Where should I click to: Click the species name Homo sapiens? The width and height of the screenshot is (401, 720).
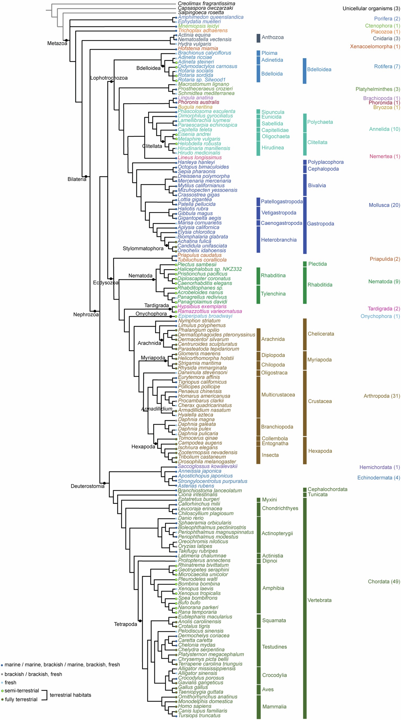[195, 706]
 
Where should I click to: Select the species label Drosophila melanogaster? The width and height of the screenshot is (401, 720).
[207, 462]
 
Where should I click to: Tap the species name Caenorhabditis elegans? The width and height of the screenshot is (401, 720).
[205, 283]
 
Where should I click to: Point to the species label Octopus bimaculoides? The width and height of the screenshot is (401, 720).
[203, 167]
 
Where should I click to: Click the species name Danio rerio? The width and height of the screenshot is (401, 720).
[191, 518]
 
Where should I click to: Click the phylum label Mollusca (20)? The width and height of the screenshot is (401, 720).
[384, 205]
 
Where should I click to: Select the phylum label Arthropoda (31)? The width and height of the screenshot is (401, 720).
[382, 396]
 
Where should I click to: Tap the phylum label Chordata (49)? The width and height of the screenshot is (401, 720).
[384, 582]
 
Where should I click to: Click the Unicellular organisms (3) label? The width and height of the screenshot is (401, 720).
[371, 8]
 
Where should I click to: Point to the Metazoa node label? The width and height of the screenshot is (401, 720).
[57, 43]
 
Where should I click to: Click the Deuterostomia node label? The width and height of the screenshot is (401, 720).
[87, 486]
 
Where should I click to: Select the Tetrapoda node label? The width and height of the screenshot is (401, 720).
[125, 624]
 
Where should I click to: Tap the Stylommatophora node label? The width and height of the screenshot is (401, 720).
[143, 248]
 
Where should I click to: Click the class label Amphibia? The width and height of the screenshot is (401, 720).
[273, 588]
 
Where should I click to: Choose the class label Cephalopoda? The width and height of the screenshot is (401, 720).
[323, 169]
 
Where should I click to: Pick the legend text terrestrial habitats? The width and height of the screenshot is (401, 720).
[70, 695]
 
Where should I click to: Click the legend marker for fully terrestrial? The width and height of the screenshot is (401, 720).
[2, 699]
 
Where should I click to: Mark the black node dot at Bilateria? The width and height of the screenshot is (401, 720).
[86, 176]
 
